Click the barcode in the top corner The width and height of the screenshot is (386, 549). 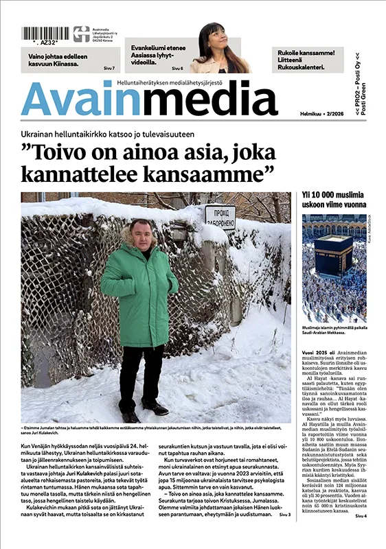44,34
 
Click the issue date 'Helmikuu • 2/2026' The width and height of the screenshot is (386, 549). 323,113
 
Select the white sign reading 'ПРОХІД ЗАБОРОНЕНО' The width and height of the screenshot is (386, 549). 220,216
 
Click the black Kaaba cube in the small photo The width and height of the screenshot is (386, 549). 333,253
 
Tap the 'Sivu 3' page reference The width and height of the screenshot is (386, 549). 284,533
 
